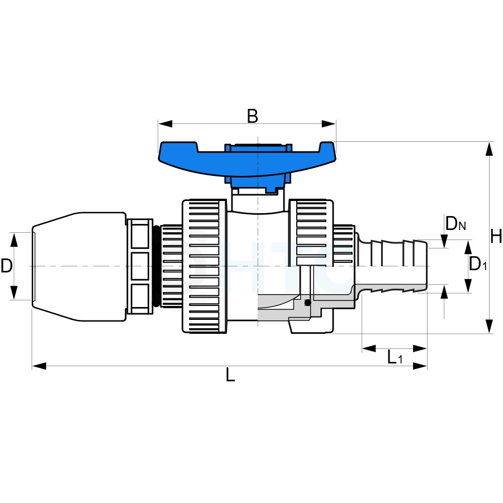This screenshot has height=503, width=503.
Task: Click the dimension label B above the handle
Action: coord(253,116)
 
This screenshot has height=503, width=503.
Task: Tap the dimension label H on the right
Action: coord(496,237)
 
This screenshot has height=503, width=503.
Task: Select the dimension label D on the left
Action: coord(6,266)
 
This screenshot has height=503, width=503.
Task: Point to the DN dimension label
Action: coord(455,223)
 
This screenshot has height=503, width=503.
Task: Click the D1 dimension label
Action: coord(478,264)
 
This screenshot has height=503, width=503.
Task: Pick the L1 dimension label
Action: coord(395,357)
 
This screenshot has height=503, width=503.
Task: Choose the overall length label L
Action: coord(230,375)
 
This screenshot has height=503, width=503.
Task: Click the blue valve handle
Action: coord(248,164)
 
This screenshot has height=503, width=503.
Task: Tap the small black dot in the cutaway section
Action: coord(308,303)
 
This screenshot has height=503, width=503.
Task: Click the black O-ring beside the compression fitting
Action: coord(156,266)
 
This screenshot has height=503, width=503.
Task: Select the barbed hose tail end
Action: coord(393,266)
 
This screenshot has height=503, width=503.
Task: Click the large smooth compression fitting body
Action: coord(79,266)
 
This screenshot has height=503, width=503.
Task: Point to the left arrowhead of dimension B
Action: coord(165,124)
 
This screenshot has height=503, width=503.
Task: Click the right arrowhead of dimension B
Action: coord(329,124)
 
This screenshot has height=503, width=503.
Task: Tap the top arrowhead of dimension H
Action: coord(489,149)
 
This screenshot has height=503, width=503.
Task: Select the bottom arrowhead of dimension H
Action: coord(489,326)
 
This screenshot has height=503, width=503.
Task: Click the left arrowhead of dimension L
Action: coord(39,366)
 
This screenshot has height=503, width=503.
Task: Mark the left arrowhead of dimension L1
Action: coord(369,348)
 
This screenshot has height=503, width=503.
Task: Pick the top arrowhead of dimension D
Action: coord(14,240)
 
